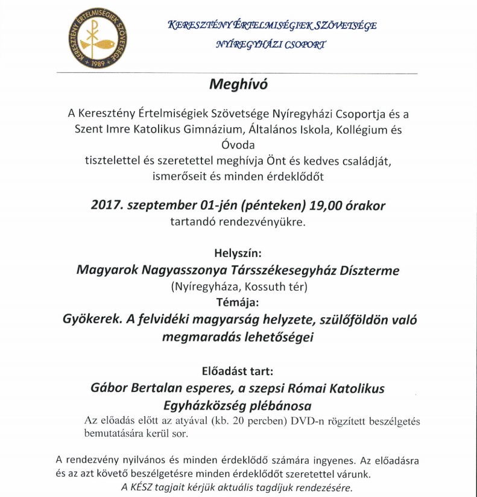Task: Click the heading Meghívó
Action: [x=238, y=84]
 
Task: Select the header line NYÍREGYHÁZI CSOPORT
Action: [x=271, y=45]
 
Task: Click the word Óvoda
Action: [x=238, y=145]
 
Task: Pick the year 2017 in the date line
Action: [x=107, y=205]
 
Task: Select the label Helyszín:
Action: [x=238, y=253]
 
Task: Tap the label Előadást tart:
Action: [x=238, y=370]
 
